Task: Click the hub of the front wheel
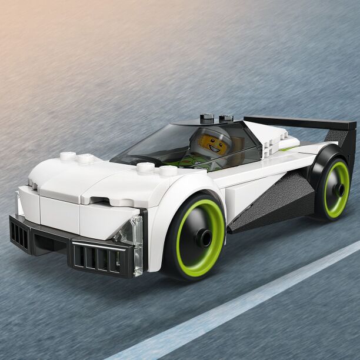click(204, 238)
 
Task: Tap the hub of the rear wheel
click(338, 189)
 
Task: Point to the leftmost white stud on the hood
click(68, 156)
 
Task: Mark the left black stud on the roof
click(205, 116)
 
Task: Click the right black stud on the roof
click(226, 118)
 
